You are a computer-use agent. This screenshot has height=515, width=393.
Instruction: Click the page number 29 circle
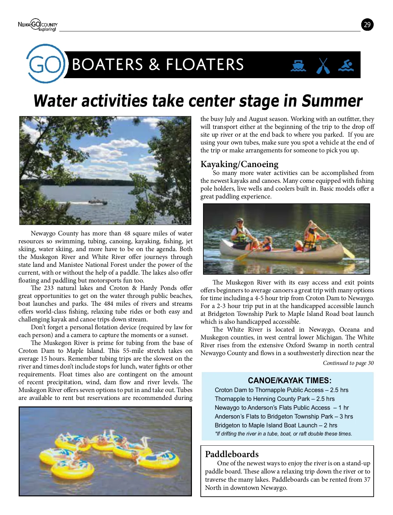coord(367,25)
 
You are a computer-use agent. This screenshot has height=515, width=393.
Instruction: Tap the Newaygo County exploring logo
coord(38,25)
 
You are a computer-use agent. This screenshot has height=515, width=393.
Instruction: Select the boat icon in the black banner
coord(298,66)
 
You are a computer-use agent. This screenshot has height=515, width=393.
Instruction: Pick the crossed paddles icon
coord(323,66)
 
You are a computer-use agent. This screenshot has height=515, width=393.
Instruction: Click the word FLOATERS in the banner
coord(205,64)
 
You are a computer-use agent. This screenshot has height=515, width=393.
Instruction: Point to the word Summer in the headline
coord(332,101)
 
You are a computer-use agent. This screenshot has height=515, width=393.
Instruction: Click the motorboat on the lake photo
coord(98,202)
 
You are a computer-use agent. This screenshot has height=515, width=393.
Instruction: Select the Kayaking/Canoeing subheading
coord(239,164)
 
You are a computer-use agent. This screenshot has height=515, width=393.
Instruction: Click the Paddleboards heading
coord(232,454)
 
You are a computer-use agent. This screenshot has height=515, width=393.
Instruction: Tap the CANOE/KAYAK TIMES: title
coord(290,381)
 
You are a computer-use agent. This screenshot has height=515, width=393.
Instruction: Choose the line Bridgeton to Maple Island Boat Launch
coord(276,425)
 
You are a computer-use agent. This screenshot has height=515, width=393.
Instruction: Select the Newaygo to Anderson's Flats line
coord(282,407)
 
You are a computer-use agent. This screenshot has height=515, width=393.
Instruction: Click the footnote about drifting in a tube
coord(283,434)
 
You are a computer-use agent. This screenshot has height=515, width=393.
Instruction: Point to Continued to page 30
coord(348,363)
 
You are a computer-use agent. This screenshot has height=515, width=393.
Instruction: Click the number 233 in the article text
coord(48,288)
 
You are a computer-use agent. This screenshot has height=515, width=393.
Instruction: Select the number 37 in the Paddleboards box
coord(367,480)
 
